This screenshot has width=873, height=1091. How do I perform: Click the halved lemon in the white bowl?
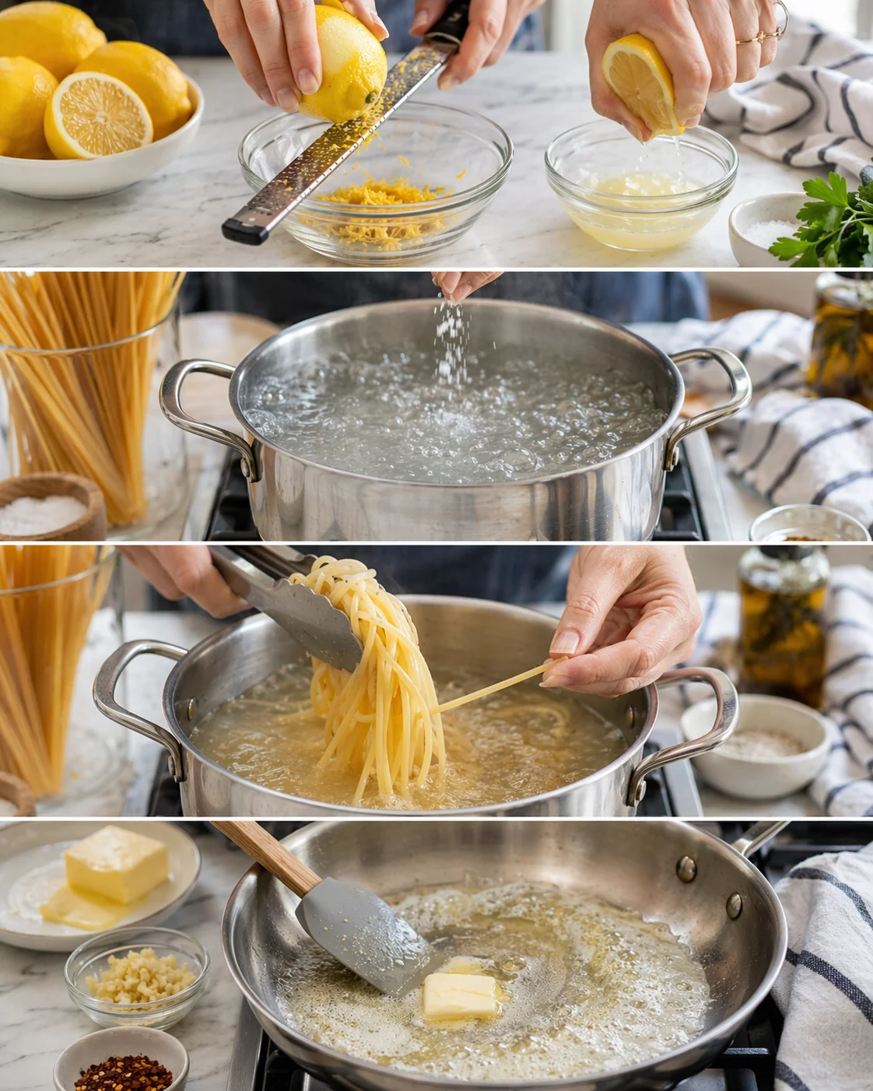pyautogui.click(x=97, y=115)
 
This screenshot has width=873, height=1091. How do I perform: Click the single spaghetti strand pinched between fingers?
pyautogui.click(x=498, y=685)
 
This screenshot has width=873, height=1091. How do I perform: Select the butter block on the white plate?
pyautogui.click(x=117, y=864)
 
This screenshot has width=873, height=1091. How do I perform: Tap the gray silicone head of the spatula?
pyautogui.click(x=362, y=945)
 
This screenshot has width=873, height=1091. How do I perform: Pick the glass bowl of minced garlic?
pyautogui.click(x=137, y=976)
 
